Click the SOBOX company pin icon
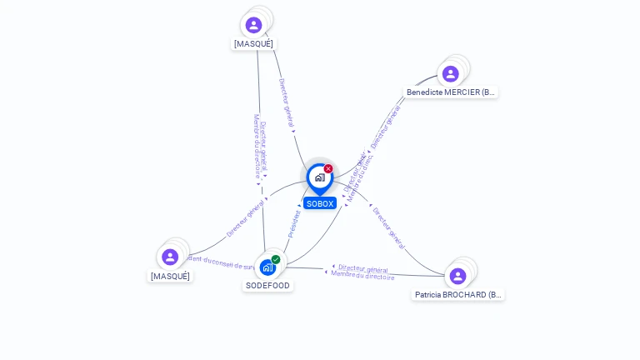(319, 177)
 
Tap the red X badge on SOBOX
(328, 169)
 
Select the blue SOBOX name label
(320, 203)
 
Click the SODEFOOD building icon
(267, 267)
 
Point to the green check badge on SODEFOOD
(276, 259)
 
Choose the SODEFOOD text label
(267, 285)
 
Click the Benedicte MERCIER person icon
(450, 74)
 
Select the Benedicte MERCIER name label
(451, 92)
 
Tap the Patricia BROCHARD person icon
(457, 276)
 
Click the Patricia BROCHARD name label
(458, 295)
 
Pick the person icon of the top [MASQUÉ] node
(253, 25)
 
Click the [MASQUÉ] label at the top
(253, 43)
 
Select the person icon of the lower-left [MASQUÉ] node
(170, 257)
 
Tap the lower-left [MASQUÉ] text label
(170, 276)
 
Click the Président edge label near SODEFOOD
(294, 223)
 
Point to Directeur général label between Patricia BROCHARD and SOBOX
(388, 227)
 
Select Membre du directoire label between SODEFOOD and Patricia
(362, 275)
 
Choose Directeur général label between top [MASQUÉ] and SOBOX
(286, 105)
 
